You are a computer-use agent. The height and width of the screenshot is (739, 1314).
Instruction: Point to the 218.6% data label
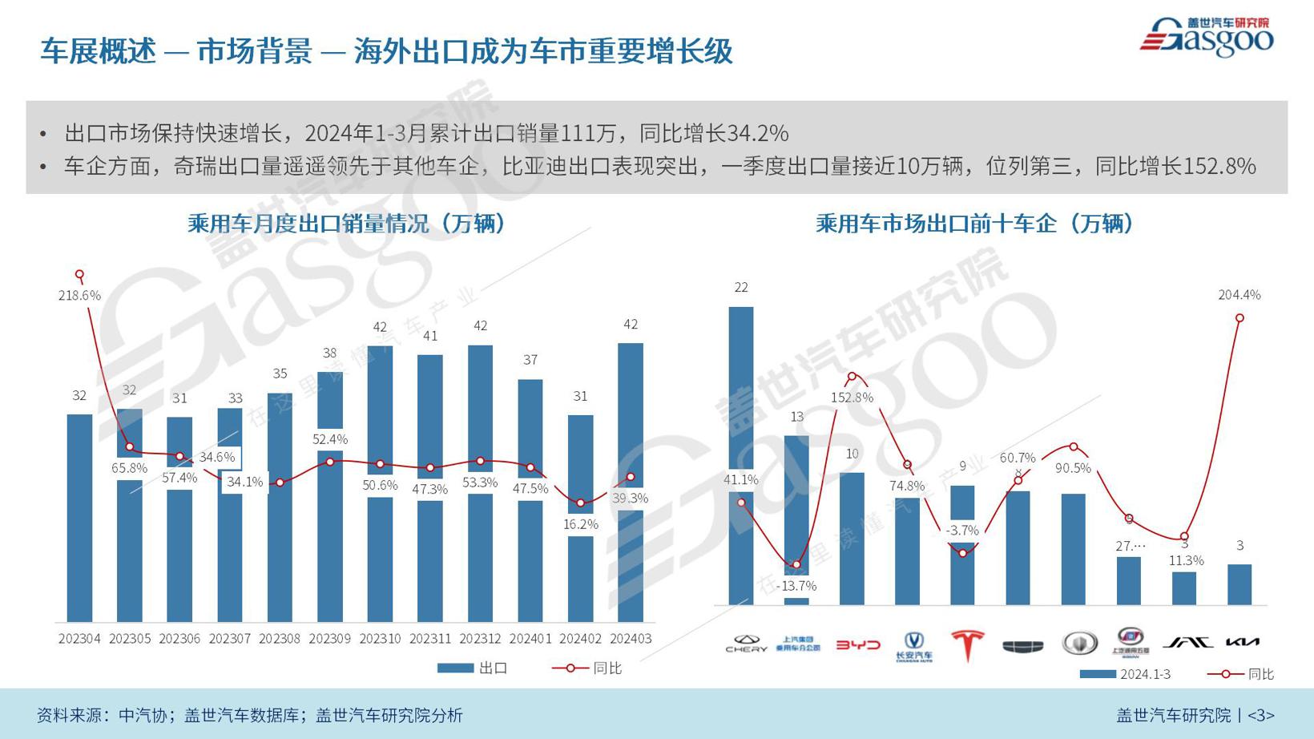coord(79,296)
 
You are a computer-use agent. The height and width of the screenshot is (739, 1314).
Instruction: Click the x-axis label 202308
coord(280,639)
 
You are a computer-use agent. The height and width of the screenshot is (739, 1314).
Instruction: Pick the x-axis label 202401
coord(530,639)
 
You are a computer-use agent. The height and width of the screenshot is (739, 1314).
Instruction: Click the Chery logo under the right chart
coord(746,644)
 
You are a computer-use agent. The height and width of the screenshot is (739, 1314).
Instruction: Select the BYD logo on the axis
coord(857,644)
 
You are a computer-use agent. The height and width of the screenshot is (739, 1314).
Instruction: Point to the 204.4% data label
coord(1239,295)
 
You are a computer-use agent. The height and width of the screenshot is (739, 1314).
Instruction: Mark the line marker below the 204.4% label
coord(1239,318)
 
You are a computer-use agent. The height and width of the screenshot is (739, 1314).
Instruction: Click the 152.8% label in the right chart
coord(852,398)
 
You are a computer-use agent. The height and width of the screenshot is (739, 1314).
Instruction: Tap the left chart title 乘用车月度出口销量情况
coord(347,224)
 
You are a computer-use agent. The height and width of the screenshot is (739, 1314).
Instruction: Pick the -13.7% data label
coord(796,586)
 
